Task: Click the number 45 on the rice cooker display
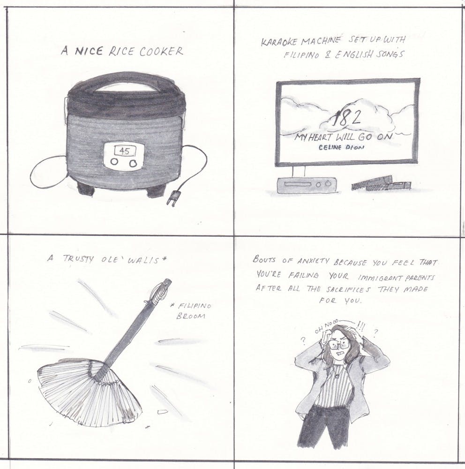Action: pyautogui.click(x=124, y=151)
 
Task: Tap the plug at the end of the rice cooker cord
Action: pyautogui.click(x=172, y=198)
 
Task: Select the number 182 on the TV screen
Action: pyautogui.click(x=346, y=118)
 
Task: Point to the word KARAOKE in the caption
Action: pyautogui.click(x=280, y=42)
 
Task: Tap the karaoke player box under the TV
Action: pyautogui.click(x=307, y=185)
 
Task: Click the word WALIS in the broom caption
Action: pyautogui.click(x=143, y=260)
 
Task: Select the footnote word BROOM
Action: pyautogui.click(x=191, y=316)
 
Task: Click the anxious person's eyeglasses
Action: pyautogui.click(x=339, y=344)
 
